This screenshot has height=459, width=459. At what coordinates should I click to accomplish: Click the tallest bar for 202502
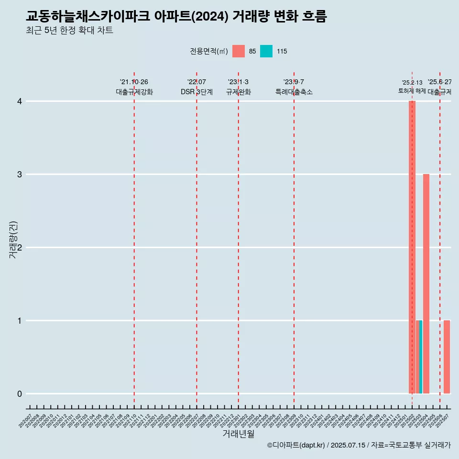(x=412, y=247)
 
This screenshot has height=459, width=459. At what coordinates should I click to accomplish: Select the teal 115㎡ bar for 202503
(x=421, y=357)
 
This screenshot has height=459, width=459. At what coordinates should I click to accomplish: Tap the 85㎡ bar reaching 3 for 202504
(x=426, y=284)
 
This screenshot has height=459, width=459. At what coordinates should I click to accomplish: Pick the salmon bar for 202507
(x=447, y=357)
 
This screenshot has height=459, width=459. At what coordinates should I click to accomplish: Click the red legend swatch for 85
(x=238, y=51)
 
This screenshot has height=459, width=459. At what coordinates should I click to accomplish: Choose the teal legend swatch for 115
(x=266, y=51)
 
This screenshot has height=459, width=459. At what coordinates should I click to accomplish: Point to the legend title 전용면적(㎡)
(x=208, y=51)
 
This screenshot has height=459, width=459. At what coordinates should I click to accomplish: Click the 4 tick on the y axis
(x=20, y=101)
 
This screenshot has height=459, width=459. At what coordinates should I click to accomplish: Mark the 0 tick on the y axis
(x=20, y=394)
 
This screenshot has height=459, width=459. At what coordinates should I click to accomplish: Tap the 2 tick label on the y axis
(x=20, y=248)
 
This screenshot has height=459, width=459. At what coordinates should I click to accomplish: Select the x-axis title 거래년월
(x=238, y=434)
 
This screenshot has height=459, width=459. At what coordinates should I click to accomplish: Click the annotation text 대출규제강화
(x=134, y=92)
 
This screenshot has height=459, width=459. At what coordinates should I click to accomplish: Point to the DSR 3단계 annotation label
(x=197, y=92)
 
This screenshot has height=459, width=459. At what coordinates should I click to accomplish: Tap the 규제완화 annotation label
(x=238, y=92)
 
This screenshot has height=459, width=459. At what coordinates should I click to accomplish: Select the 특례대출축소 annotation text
(x=294, y=92)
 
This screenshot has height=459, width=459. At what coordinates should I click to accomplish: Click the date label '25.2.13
(x=412, y=83)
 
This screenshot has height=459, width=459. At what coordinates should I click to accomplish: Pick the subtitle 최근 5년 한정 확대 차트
(x=69, y=31)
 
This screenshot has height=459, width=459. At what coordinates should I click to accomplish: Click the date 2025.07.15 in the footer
(x=348, y=445)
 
